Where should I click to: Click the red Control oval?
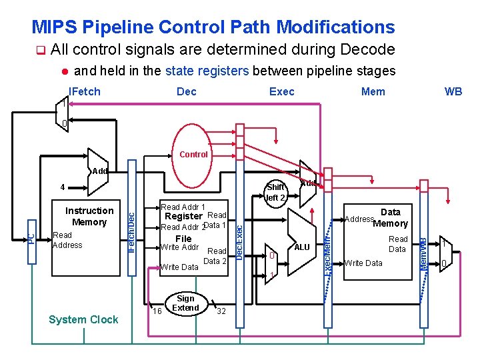coord(194,155)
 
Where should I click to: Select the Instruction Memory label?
coord(89,217)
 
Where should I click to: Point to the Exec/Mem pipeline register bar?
coord(327,253)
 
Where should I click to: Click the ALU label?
coord(302,247)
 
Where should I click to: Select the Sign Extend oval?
coord(185,303)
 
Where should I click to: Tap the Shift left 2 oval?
coord(275,192)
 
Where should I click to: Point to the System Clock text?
coord(83,319)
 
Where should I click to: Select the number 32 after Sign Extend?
coord(221,311)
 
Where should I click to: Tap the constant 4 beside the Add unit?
coord(62,187)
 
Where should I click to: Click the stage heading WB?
coord(453,91)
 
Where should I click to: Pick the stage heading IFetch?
coord(85,91)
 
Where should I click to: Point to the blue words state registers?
coord(207,71)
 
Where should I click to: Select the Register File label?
coord(183,227)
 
